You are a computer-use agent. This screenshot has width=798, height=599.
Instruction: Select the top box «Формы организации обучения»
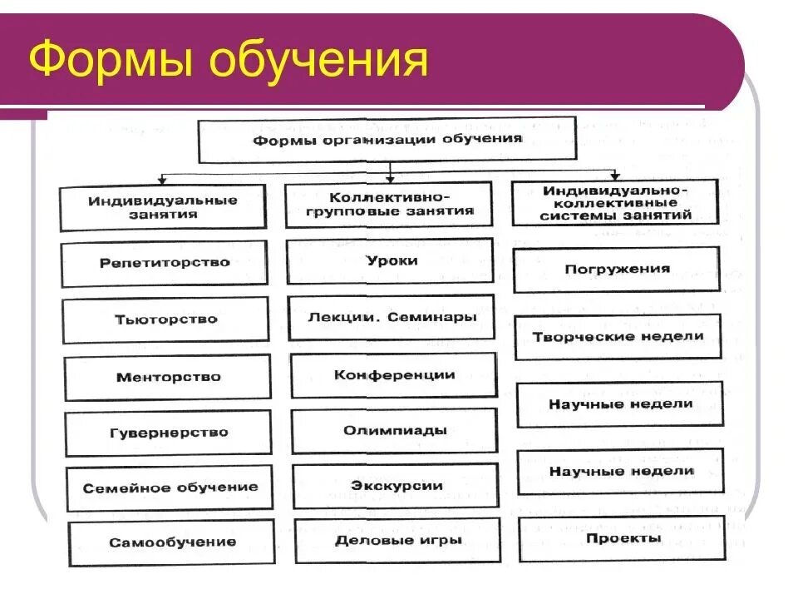click(387, 140)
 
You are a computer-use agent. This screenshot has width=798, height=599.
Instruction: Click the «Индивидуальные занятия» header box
click(163, 207)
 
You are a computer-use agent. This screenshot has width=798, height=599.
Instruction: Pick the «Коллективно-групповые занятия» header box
click(388, 205)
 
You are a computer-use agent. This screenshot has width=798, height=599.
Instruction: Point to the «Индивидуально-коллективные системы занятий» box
click(614, 202)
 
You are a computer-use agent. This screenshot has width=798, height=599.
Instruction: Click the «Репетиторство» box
click(165, 263)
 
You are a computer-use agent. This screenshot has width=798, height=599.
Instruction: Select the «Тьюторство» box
click(166, 319)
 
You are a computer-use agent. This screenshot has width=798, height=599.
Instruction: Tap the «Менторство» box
click(168, 377)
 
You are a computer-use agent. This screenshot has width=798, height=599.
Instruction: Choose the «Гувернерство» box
click(169, 433)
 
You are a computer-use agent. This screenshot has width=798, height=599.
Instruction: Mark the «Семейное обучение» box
click(170, 488)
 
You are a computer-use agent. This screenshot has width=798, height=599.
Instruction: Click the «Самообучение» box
click(171, 542)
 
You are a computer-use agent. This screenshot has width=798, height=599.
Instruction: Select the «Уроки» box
click(391, 260)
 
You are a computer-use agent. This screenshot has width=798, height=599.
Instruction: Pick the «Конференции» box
click(394, 375)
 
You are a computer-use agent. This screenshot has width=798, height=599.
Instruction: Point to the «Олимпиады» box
click(395, 431)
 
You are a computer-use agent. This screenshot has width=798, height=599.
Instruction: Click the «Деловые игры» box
click(397, 540)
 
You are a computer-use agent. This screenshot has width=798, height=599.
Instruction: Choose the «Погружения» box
click(617, 270)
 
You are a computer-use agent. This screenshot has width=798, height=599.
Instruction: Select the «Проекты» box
click(622, 538)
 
